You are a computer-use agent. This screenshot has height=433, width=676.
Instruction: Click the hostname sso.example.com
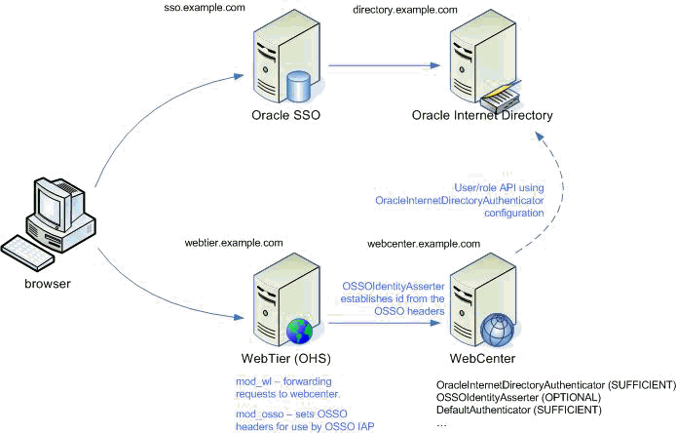point(203,8)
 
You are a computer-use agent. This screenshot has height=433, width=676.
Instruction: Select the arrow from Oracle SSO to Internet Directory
point(379,67)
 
